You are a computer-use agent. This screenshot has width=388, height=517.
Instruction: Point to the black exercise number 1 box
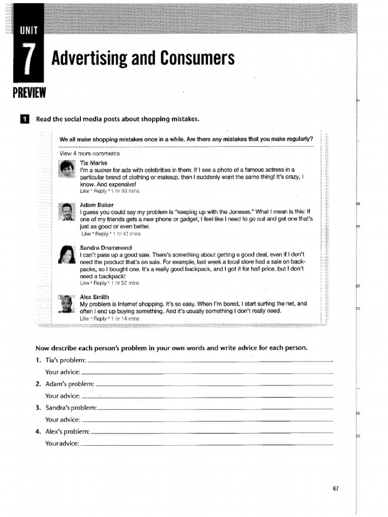click(24, 119)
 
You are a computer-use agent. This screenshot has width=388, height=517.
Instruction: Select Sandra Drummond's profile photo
click(67, 255)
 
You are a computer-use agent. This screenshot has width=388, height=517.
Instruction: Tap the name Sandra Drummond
click(106, 248)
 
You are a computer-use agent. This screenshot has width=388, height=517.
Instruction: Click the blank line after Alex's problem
click(212, 433)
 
